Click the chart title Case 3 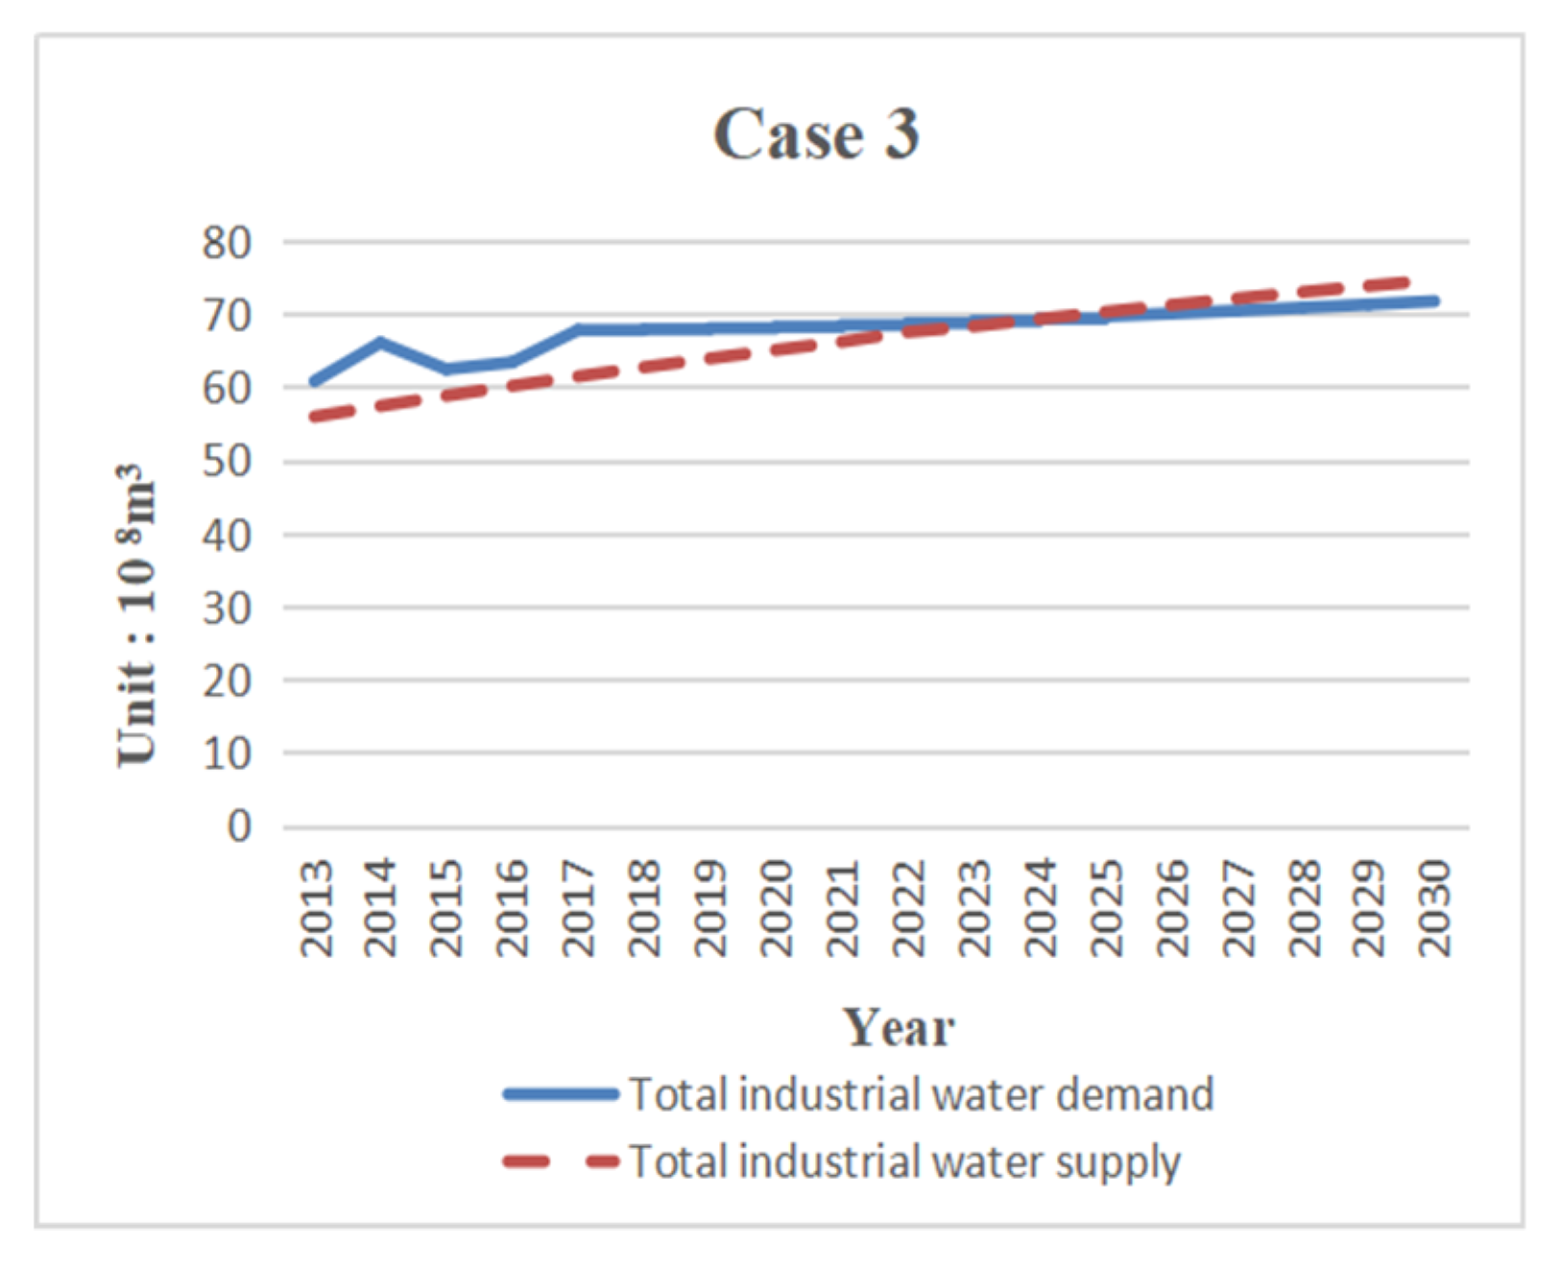816,134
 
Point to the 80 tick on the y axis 227,243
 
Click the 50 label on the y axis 227,462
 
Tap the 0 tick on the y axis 239,825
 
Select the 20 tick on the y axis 227,681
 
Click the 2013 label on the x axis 316,907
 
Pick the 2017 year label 580,907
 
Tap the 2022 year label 908,907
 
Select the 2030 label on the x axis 1434,907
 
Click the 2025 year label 1106,907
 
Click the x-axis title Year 899,1027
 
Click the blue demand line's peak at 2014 381,342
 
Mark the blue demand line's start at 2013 315,381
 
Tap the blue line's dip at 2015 447,370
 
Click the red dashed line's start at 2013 315,417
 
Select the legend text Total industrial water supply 904,1161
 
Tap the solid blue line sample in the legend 561,1094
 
